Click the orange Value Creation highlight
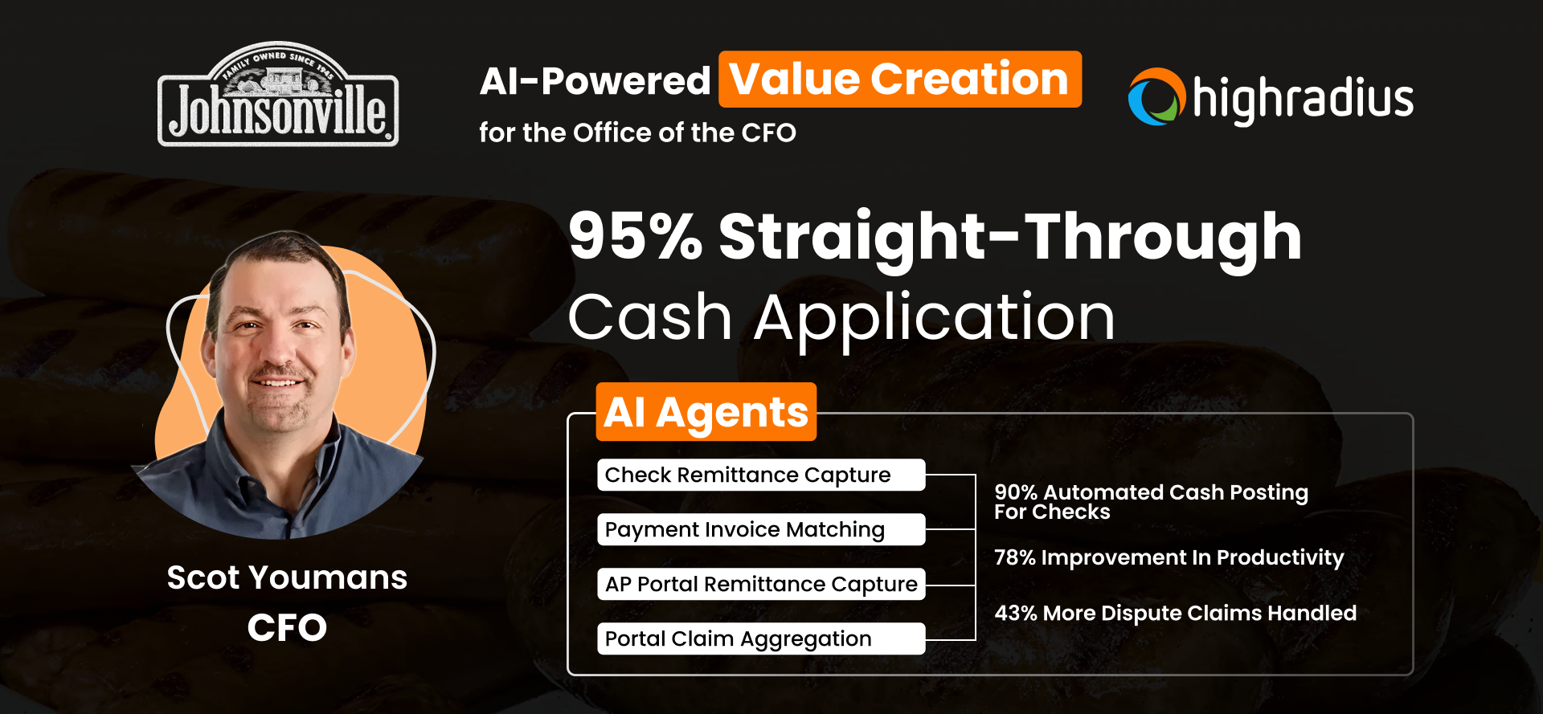click(899, 80)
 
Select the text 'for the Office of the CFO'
click(637, 133)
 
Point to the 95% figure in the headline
click(635, 236)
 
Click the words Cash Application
click(841, 317)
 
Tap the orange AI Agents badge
click(706, 412)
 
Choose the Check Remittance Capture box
click(760, 475)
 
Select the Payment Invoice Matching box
click(760, 529)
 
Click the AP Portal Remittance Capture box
click(760, 584)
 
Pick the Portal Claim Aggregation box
click(760, 639)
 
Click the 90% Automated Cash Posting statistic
click(1150, 501)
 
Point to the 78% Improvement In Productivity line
click(1169, 557)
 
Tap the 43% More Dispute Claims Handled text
click(1175, 613)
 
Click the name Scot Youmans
click(287, 577)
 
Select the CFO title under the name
click(287, 627)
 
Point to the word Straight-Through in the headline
click(1009, 236)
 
